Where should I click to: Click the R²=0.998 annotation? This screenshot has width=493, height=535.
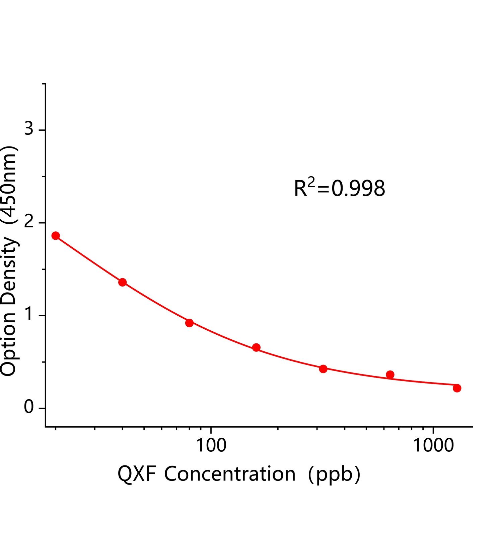point(339,188)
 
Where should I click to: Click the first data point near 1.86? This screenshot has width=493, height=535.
point(56,236)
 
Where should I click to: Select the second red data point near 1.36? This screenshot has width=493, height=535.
point(123,282)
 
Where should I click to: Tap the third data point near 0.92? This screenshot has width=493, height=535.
point(189,323)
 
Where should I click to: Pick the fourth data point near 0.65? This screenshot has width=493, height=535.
point(256,348)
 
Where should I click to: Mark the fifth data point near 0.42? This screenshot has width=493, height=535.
point(323,369)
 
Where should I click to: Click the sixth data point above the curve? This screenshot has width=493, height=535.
point(390,374)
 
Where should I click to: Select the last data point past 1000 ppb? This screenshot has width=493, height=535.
point(457,388)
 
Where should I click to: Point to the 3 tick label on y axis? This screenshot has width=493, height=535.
point(29,128)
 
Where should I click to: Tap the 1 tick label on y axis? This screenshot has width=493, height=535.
point(29,314)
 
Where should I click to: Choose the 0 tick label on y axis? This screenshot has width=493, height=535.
point(29,407)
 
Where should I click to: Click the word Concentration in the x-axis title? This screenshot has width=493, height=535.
point(230,474)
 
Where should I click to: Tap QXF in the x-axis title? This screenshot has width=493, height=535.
point(137,474)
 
